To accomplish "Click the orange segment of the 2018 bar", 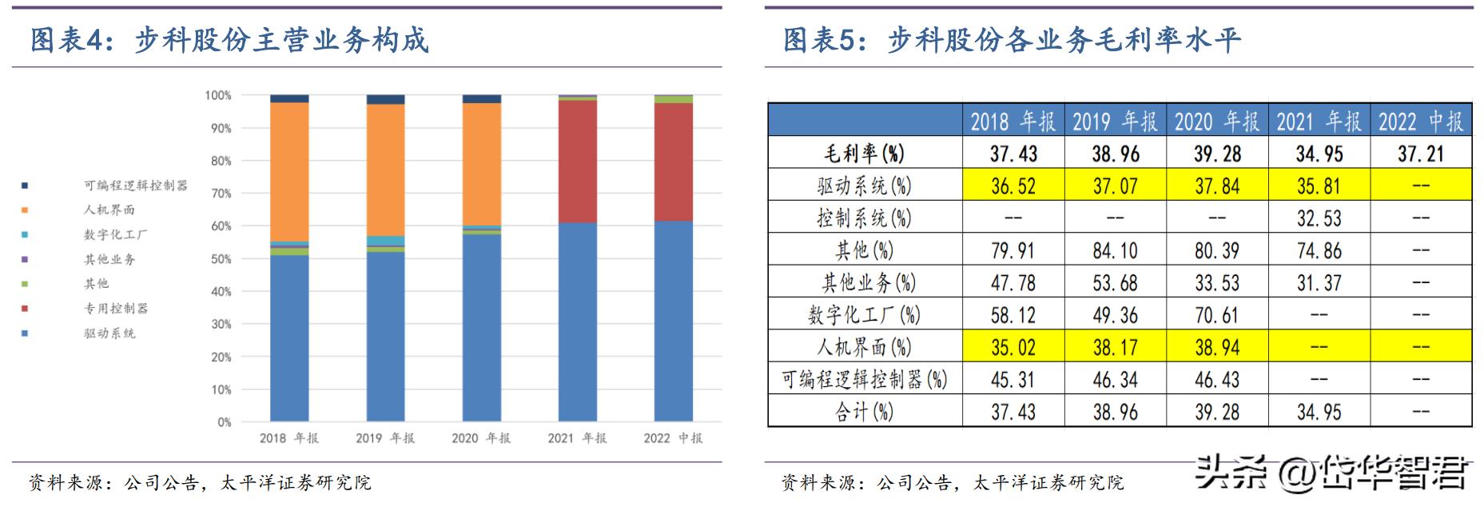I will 289,171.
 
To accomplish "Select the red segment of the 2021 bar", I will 577,161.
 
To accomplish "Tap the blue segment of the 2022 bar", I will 673,321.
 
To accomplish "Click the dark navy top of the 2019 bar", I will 385,99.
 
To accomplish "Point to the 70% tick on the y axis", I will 221,194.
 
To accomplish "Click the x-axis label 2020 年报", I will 481,438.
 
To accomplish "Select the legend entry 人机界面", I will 109,210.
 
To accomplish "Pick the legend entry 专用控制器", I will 116,308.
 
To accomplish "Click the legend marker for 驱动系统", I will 25,333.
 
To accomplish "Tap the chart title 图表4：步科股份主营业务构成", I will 230,40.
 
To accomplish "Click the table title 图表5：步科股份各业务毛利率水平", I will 1012,40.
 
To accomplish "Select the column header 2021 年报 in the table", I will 1319,122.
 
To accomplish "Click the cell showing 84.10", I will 1115,250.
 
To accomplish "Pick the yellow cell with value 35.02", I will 1013,347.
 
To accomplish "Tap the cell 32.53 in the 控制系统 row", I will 1319,218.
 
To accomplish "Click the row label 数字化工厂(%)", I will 864,315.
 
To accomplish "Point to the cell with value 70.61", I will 1216,315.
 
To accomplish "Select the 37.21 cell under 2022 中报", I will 1420,154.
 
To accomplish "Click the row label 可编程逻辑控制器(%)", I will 864,379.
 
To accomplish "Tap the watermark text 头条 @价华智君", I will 1331,473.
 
